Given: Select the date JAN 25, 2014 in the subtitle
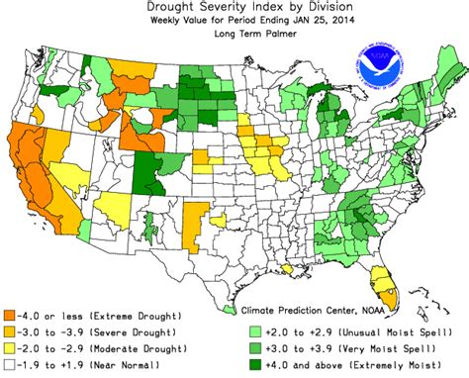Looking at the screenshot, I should coord(297,21).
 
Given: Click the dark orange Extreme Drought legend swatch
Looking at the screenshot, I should coord(8,315).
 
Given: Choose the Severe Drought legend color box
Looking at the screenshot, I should coord(8,331).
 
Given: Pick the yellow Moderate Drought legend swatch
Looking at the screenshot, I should coord(8,349).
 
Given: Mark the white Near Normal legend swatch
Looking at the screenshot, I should coord(8,366).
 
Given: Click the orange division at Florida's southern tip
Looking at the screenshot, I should coord(393,293).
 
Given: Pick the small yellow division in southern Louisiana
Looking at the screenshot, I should coord(288,268).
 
